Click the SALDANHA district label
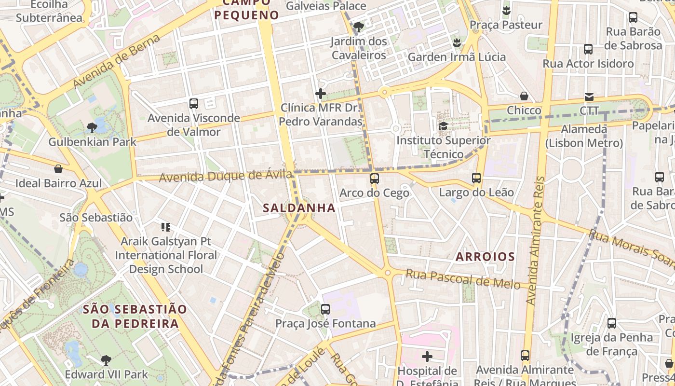(299, 208)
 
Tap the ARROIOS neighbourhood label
(486, 257)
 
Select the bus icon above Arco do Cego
(374, 179)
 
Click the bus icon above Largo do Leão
(476, 178)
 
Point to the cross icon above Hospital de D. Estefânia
(427, 357)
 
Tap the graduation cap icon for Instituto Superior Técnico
(443, 126)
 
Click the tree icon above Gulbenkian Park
(92, 128)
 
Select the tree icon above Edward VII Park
(106, 360)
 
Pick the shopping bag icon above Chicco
(524, 96)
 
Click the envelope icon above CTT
(589, 96)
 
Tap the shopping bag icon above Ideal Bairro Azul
(58, 169)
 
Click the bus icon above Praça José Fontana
(325, 309)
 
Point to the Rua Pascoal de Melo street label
(463, 279)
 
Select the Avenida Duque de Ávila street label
(226, 176)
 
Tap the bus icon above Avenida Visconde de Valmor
(194, 103)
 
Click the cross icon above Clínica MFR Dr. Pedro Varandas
(321, 94)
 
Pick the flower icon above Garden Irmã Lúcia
(457, 43)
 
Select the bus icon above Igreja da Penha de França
(611, 323)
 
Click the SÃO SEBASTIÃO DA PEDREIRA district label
(135, 316)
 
